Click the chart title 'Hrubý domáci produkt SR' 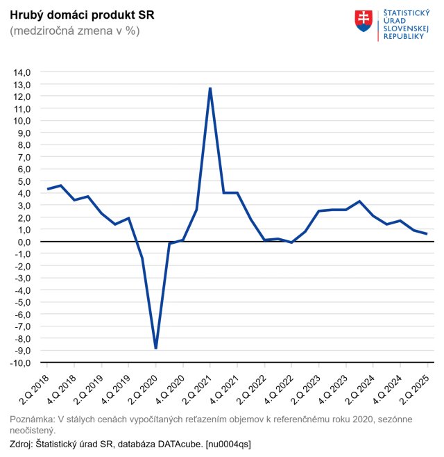tap(82, 15)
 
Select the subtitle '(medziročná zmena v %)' tap(75, 31)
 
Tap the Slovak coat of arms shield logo tap(364, 21)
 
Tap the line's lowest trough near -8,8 tap(156, 348)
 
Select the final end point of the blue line tap(427, 234)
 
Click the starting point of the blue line tap(48, 189)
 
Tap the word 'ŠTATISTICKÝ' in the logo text tap(407, 14)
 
